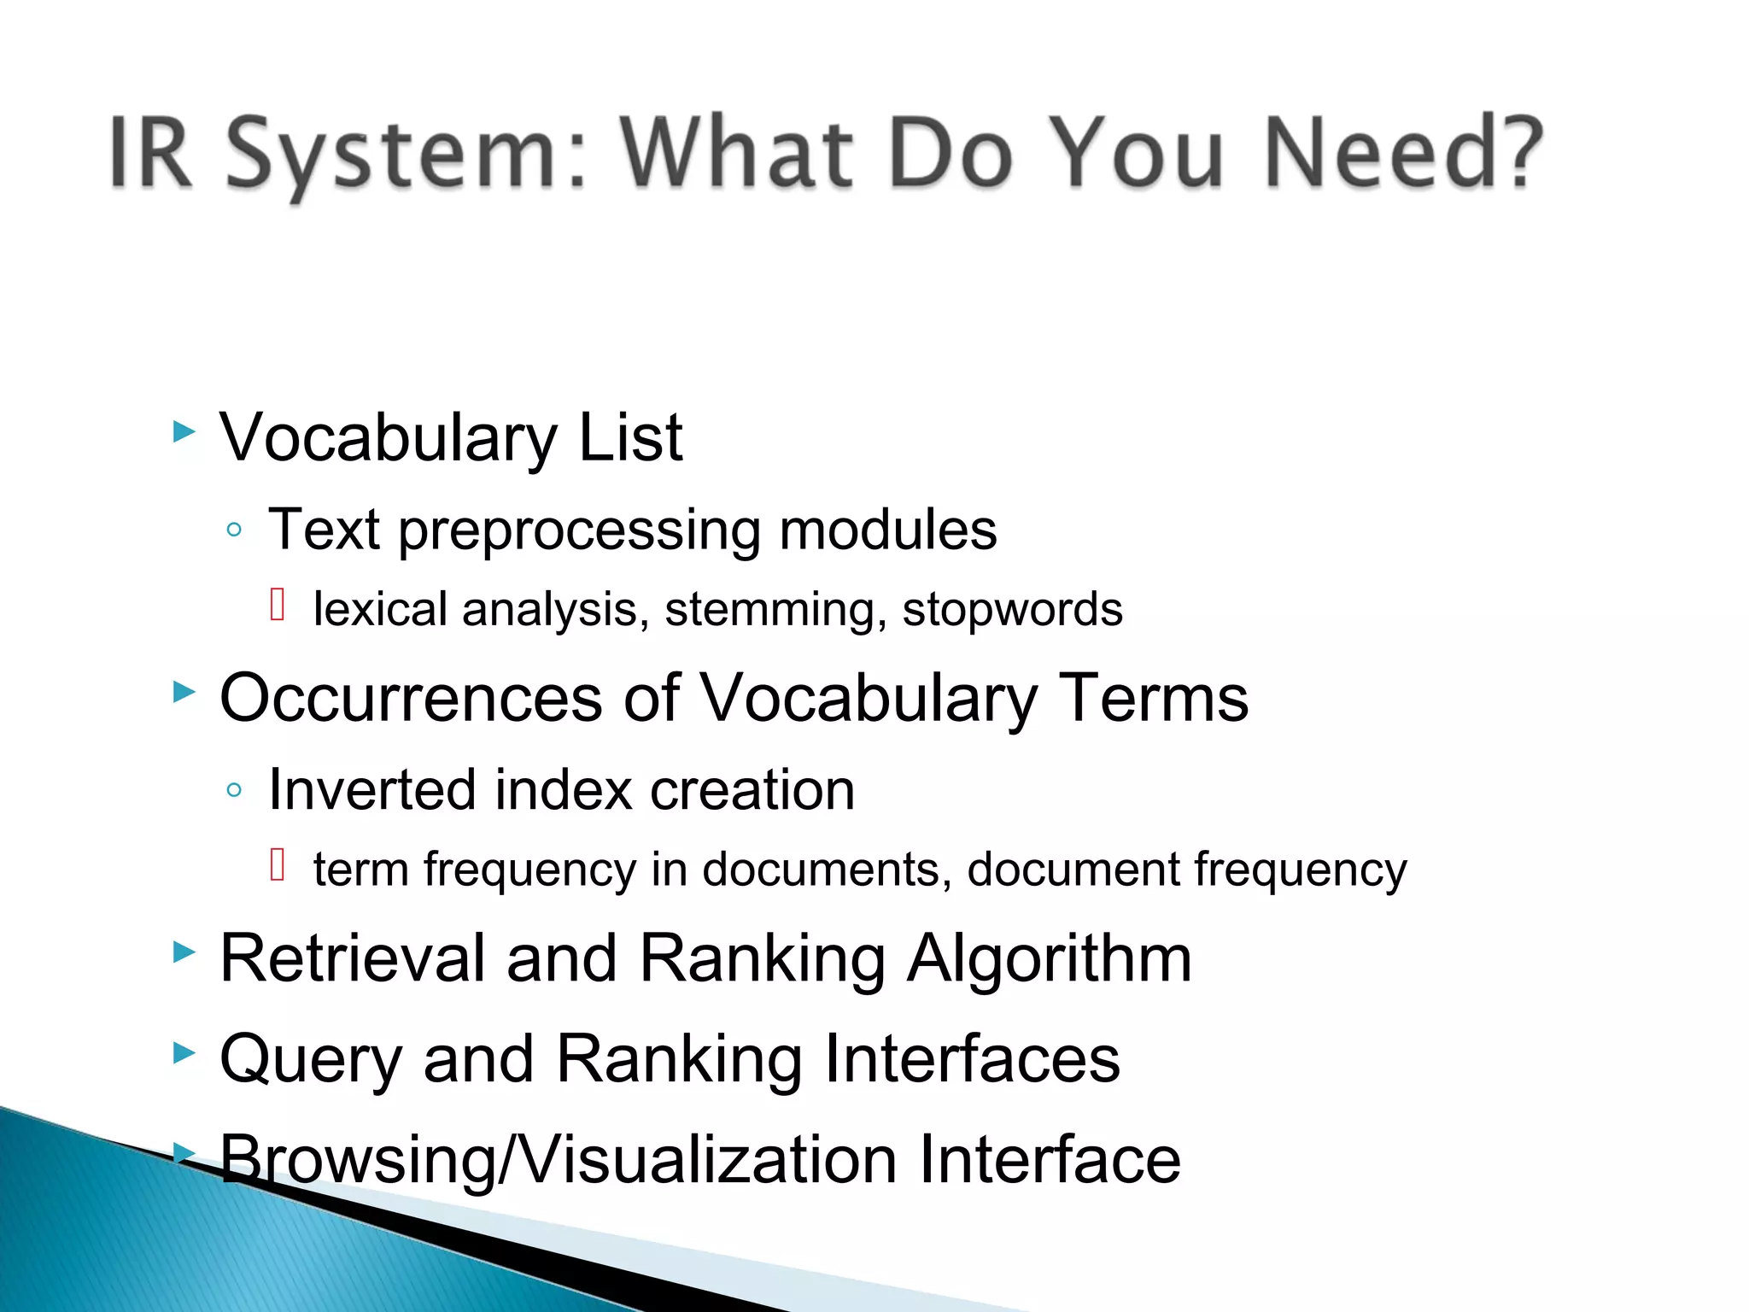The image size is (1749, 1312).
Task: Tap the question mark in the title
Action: pyautogui.click(x=1518, y=152)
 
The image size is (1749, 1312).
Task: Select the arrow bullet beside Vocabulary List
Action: pyautogui.click(x=184, y=431)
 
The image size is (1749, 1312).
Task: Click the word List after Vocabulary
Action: pyautogui.click(x=630, y=437)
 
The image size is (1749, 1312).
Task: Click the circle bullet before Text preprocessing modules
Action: pyautogui.click(x=234, y=530)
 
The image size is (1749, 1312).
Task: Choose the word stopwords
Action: pyautogui.click(x=1012, y=610)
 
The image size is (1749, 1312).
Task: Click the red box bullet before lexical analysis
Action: pyautogui.click(x=277, y=605)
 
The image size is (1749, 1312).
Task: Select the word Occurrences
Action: pyautogui.click(x=411, y=698)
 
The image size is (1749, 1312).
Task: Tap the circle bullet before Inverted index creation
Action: pyautogui.click(x=234, y=790)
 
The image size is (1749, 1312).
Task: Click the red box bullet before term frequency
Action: pyautogui.click(x=277, y=864)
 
